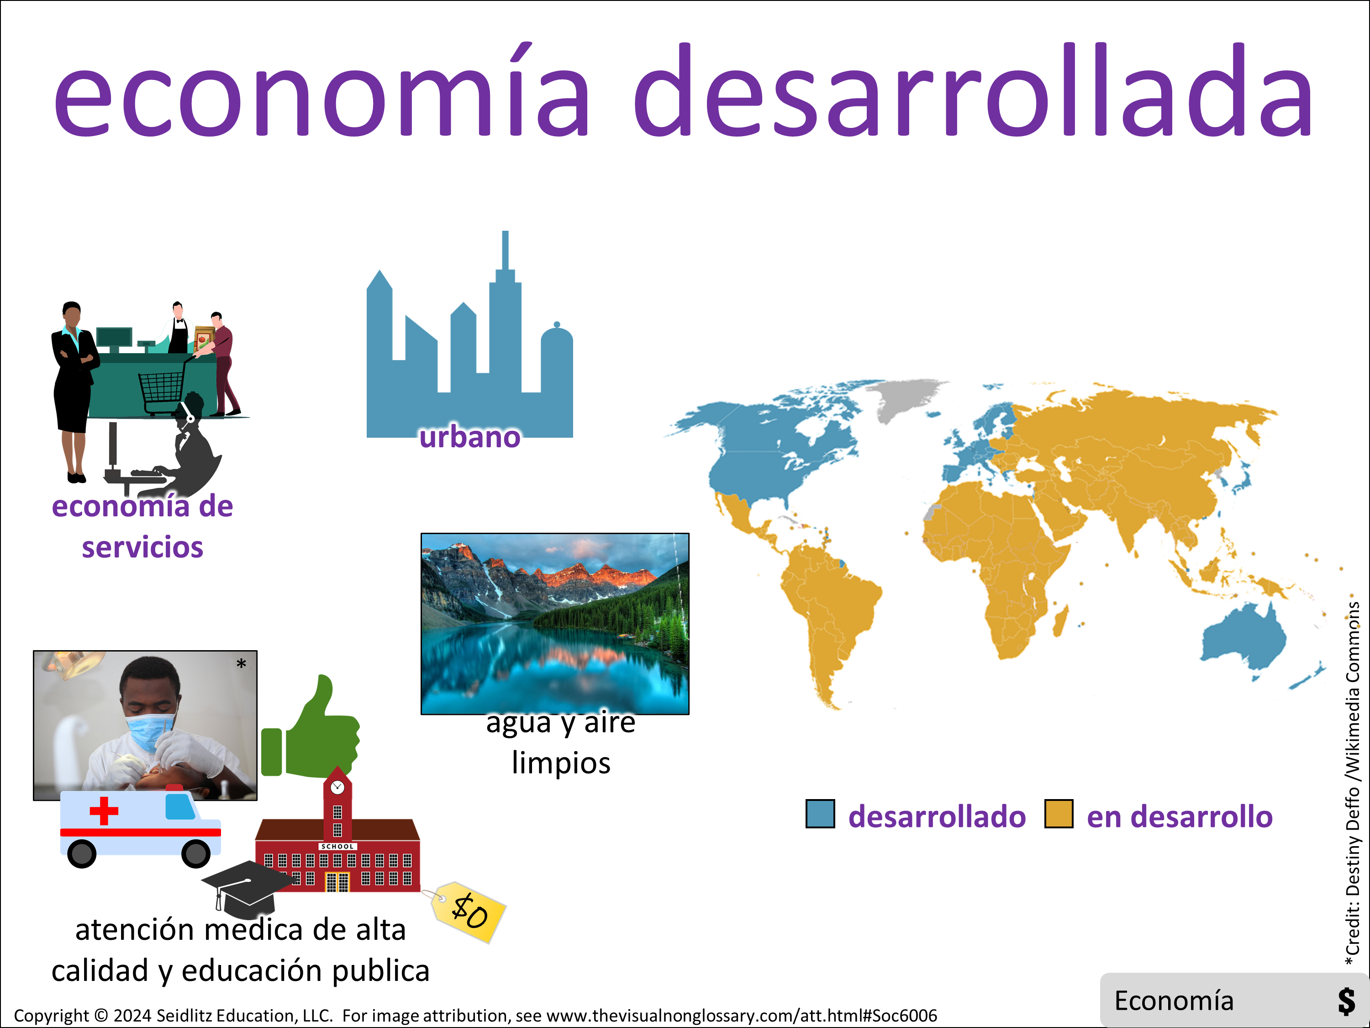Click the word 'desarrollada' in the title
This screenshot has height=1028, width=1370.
[972, 90]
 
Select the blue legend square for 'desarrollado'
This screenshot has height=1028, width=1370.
[820, 814]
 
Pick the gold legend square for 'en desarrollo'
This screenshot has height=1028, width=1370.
[1059, 814]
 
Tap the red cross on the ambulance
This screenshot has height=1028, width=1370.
[104, 811]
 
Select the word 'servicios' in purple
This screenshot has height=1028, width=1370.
[142, 548]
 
